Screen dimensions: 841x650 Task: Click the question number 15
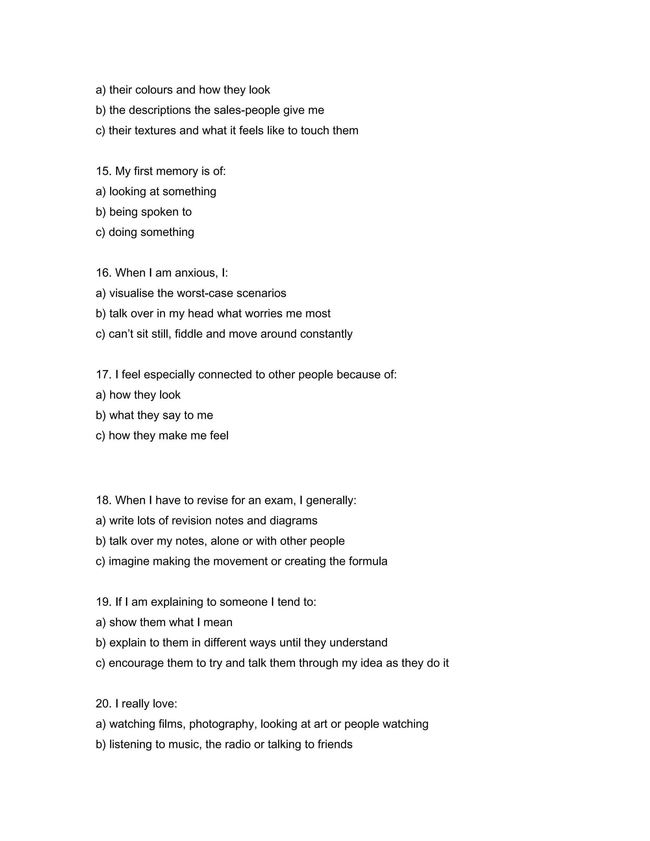[x=103, y=171]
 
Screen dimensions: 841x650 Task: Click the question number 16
[x=103, y=273]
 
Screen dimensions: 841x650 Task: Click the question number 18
[x=103, y=500]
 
